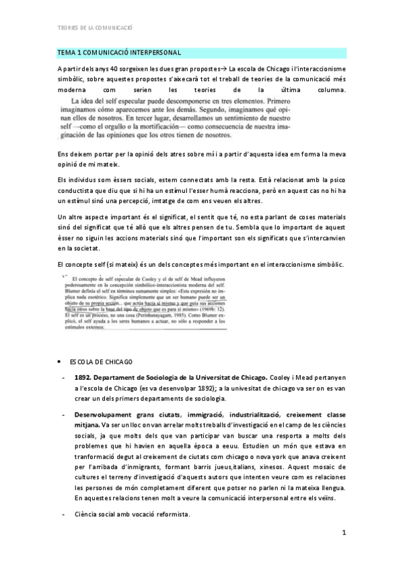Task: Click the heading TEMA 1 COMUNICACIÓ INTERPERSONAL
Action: (118, 52)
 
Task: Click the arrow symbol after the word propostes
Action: (225, 69)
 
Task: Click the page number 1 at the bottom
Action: (343, 534)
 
